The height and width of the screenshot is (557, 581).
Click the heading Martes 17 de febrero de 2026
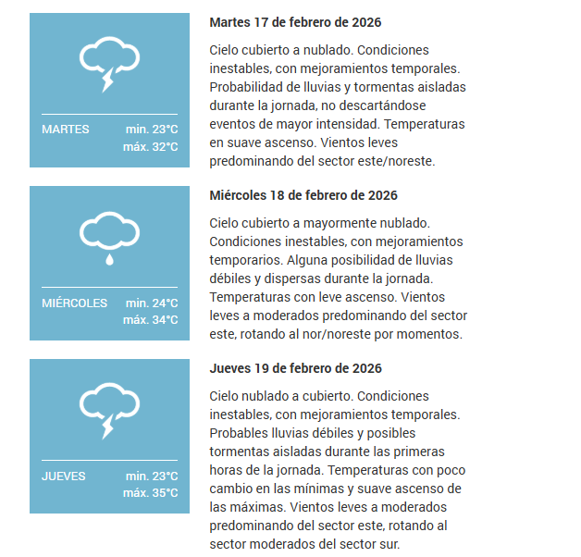[x=295, y=22]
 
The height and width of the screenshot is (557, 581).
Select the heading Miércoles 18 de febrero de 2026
[x=303, y=195]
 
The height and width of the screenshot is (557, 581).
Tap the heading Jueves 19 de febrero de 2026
[x=295, y=368]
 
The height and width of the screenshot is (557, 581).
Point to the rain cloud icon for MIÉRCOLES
[x=109, y=237]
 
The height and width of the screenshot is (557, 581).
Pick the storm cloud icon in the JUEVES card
[x=109, y=410]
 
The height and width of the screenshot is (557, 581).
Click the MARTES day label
[x=66, y=130]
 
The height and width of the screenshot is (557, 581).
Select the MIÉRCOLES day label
[x=74, y=303]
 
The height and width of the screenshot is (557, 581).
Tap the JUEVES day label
[x=64, y=476]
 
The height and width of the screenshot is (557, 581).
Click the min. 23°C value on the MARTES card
[x=152, y=130]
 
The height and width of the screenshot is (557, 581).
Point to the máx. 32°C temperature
[x=150, y=146]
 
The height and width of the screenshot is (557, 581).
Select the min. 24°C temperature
[x=152, y=303]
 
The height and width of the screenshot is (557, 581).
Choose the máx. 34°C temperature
[x=150, y=319]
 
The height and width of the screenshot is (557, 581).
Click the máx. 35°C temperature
[x=150, y=492]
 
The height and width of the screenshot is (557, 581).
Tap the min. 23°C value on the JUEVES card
[x=152, y=476]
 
